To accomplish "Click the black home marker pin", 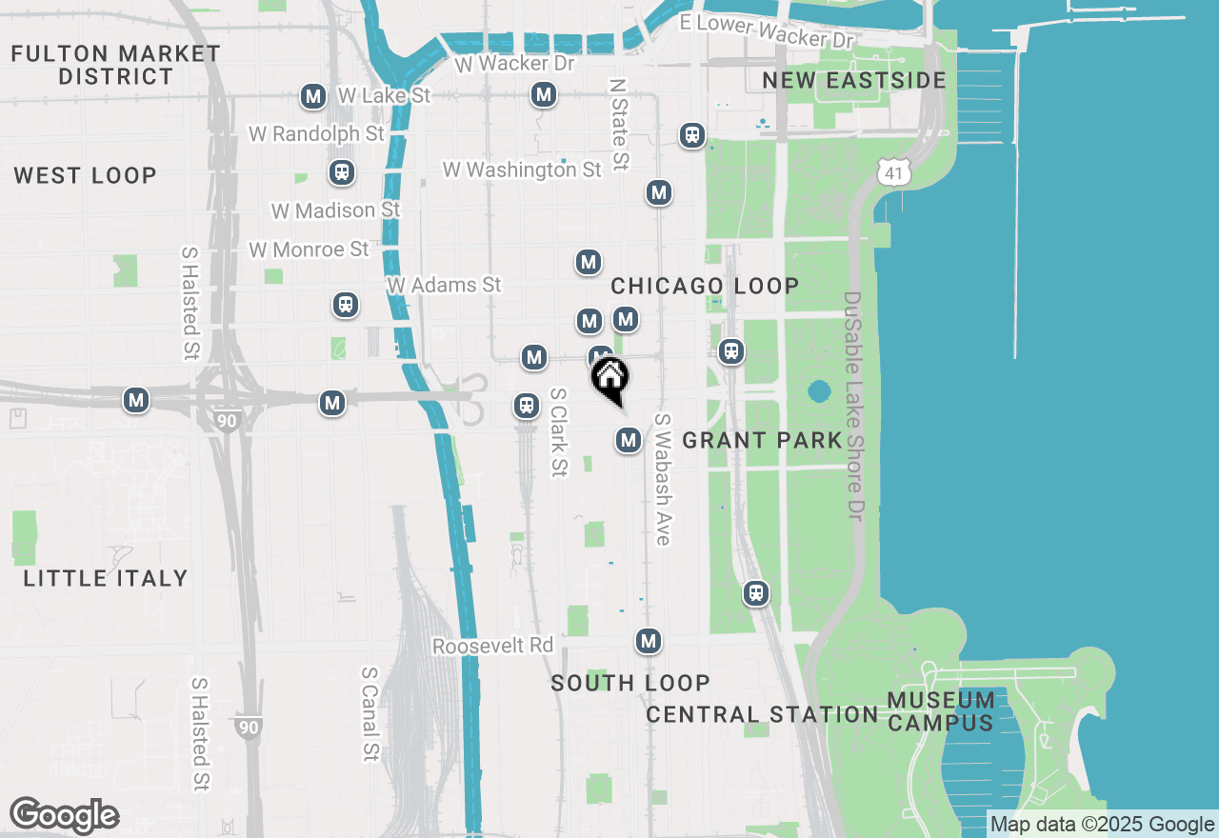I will click(x=609, y=379).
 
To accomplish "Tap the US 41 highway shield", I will click(x=896, y=171).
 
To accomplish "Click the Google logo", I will click(x=64, y=816).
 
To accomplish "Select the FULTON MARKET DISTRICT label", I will click(x=116, y=65).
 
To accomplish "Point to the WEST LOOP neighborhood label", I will click(x=86, y=175).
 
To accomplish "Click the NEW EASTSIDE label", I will click(x=854, y=80).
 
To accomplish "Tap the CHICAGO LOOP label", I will click(x=705, y=286).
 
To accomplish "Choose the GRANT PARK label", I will click(x=763, y=440).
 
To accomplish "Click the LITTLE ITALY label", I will click(x=106, y=578).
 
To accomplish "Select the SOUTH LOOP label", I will click(x=630, y=683).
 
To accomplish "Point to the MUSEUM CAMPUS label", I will click(x=941, y=711).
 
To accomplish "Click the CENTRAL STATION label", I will click(x=762, y=714).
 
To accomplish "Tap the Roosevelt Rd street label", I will click(x=492, y=646).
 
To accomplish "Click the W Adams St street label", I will click(x=444, y=285).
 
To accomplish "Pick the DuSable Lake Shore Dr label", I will click(x=852, y=406).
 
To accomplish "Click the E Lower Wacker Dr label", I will click(x=767, y=31).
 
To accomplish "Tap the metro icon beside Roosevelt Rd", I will click(x=649, y=641).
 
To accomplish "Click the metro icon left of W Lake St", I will click(x=313, y=96).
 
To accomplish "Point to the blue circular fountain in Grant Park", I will click(x=818, y=391).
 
